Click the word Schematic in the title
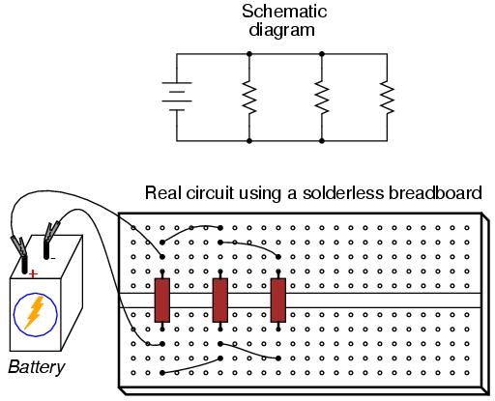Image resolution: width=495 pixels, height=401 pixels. (x=284, y=12)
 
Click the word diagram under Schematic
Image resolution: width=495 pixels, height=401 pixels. (x=281, y=31)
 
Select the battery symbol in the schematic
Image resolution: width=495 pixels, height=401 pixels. (x=177, y=97)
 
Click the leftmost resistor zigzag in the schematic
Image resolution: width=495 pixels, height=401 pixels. (x=249, y=97)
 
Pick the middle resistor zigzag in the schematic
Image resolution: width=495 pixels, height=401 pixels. (x=322, y=97)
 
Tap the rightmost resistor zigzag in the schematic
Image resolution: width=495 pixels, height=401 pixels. (x=387, y=98)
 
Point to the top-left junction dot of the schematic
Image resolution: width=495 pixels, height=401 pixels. (x=249, y=54)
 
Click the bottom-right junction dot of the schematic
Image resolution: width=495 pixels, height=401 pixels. (x=322, y=141)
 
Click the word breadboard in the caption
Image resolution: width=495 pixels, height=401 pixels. (x=435, y=193)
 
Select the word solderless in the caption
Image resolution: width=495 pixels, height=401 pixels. (x=343, y=193)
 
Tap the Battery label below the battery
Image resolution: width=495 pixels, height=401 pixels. (x=37, y=367)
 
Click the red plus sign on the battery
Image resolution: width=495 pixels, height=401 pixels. (x=33, y=274)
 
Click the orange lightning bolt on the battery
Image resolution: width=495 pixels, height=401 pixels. (x=35, y=312)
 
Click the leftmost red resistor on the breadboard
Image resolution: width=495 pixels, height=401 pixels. (x=162, y=301)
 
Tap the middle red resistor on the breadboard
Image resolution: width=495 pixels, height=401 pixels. (x=220, y=301)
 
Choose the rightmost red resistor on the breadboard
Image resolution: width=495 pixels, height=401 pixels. (x=278, y=301)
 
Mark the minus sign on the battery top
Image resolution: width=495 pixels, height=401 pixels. (x=53, y=258)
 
